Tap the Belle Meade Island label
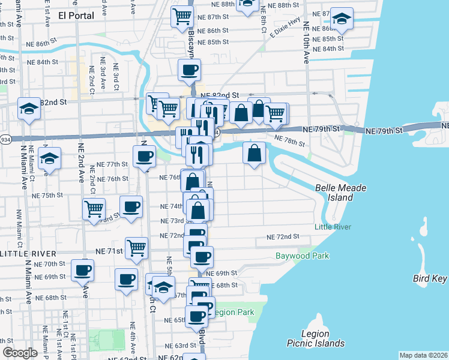coord(341,193)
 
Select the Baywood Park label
coord(303,256)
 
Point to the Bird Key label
coord(430,278)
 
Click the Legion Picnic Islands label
coord(316,338)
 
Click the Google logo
coord(20,353)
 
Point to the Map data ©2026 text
coord(423,355)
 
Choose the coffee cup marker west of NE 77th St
coord(144,157)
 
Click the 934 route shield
coord(5,139)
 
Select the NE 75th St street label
coord(47,196)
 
